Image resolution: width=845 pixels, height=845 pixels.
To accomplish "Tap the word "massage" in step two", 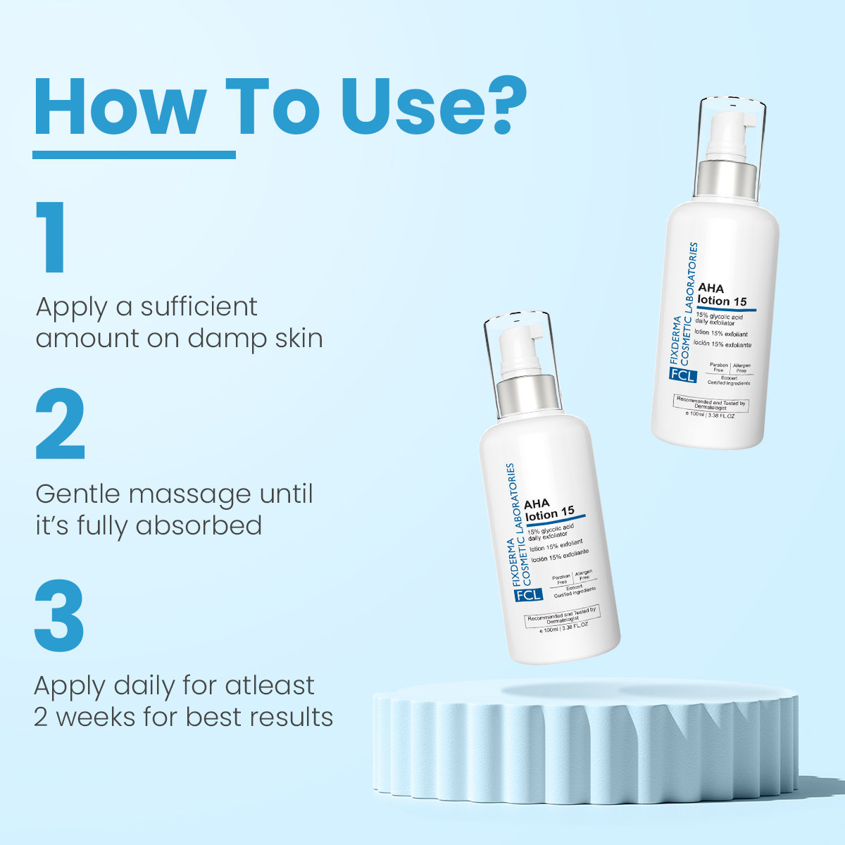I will coord(191,494).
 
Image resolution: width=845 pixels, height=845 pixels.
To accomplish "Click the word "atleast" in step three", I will coord(270,685).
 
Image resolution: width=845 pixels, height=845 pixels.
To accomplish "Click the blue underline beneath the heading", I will coord(134,154).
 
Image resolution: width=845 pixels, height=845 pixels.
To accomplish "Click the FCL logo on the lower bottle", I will coord(529,594).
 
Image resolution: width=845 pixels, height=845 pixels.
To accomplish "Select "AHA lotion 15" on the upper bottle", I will coord(722,294).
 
